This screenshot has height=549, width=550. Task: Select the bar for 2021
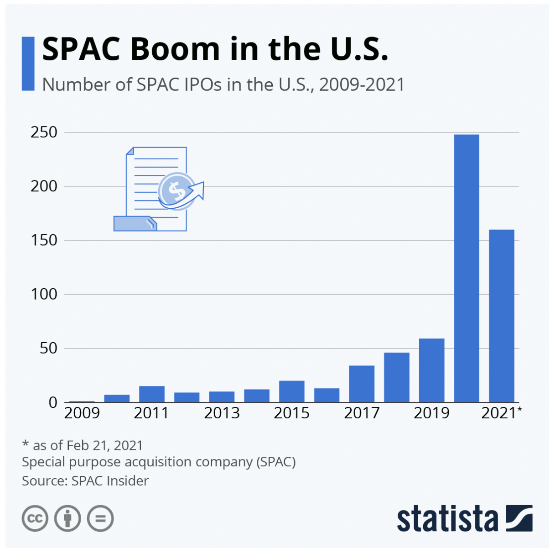501,316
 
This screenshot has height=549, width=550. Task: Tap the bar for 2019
431,370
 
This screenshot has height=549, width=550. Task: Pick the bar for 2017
362,384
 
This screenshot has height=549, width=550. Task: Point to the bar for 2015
291,391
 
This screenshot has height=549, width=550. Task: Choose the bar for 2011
151,394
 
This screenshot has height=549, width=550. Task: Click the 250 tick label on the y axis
44,132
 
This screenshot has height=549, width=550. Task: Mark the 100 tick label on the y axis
44,294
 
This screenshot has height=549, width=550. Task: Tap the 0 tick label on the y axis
53,402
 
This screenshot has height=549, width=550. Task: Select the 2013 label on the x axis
222,413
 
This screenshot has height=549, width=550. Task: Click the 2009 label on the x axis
82,413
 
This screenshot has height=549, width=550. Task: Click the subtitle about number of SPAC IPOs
223,85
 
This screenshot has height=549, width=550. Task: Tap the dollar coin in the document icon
176,190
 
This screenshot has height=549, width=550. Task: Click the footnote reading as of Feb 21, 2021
83,445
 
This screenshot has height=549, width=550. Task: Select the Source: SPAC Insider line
85,481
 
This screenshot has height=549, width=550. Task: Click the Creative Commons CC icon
35,518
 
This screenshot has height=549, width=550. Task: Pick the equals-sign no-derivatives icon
100,518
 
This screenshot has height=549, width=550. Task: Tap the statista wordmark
447,519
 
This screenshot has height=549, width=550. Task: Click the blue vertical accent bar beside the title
28,63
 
